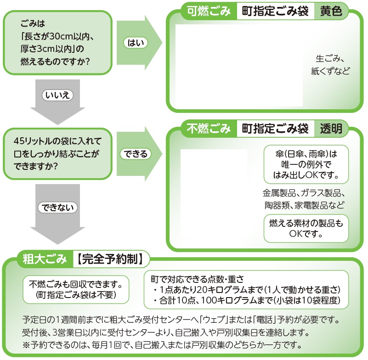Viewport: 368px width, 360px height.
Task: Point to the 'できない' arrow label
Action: pos(57,207)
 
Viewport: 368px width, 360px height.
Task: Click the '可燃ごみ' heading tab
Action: pos(208,11)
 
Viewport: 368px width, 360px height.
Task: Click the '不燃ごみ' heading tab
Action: pos(208,129)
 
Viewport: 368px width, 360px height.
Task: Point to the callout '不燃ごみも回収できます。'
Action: pos(76,288)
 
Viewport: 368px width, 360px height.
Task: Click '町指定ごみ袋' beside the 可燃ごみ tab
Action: pos(275,11)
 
